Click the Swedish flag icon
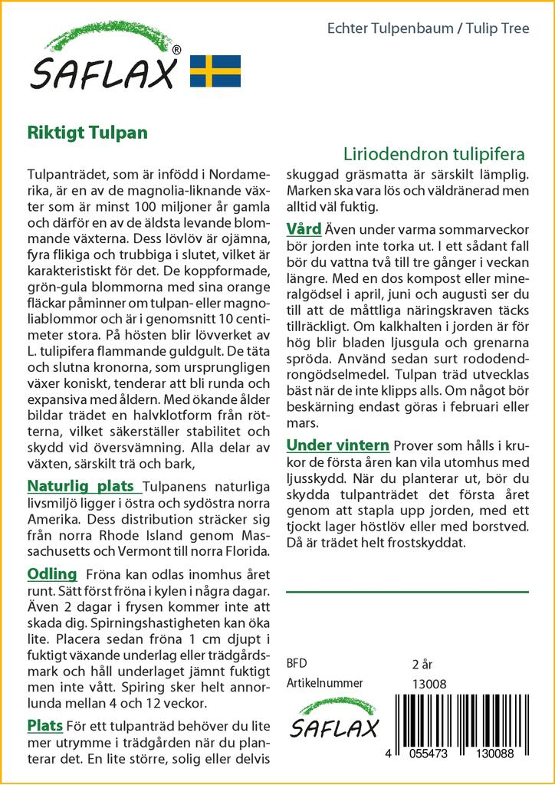215,71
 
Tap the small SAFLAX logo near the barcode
333,721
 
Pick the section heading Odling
52,573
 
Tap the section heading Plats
44,725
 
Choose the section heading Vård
304,228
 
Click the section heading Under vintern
338,445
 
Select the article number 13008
429,684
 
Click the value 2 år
422,664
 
